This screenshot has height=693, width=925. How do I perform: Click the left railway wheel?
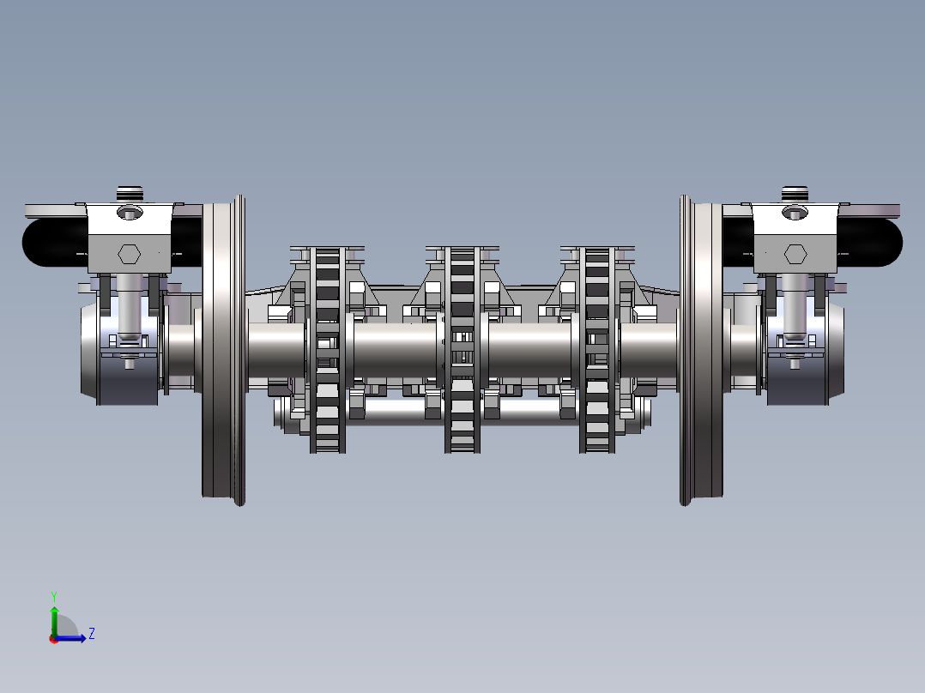tap(224, 350)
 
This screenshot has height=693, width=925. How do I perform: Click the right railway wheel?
tap(701, 350)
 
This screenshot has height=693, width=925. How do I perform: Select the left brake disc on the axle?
tap(328, 350)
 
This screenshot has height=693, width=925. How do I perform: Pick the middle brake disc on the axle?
tap(462, 350)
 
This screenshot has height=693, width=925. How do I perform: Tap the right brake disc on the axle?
tap(597, 350)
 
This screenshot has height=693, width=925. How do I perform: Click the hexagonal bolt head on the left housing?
tap(129, 254)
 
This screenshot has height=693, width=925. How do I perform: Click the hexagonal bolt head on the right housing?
tap(795, 254)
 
